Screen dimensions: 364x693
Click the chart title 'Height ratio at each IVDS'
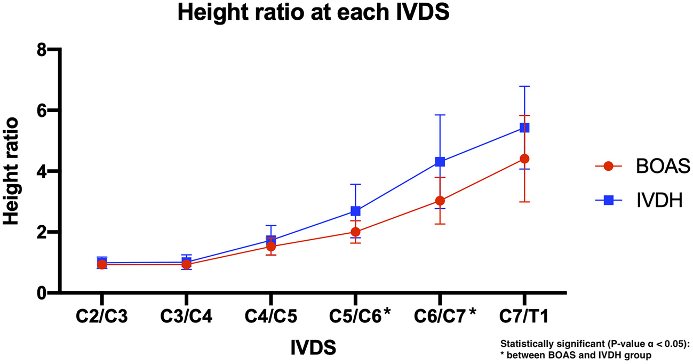coord(313,13)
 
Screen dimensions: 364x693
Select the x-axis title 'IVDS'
coord(313,348)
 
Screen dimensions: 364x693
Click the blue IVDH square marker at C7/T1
coord(524,128)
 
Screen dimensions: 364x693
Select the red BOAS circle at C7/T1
coord(524,159)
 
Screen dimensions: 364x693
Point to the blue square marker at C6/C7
coord(440,162)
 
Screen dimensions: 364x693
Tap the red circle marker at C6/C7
coord(440,201)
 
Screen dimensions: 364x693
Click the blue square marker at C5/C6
coord(355,211)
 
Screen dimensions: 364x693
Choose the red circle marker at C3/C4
coord(186,264)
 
